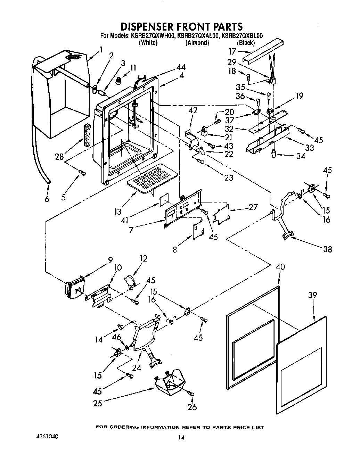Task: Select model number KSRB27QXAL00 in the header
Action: click(x=198, y=35)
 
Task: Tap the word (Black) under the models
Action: click(x=246, y=43)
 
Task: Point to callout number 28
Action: click(x=59, y=157)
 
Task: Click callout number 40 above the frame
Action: click(x=280, y=267)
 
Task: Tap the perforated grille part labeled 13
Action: click(x=152, y=177)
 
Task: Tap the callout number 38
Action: click(x=327, y=249)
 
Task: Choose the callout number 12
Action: click(x=144, y=258)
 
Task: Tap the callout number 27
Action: click(x=253, y=207)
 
